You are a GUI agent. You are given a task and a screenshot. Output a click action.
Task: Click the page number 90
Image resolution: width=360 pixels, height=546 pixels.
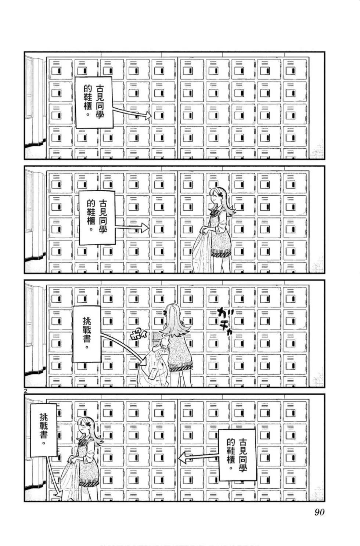319,512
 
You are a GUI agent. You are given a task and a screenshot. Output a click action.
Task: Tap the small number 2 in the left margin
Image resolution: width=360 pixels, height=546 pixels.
25,391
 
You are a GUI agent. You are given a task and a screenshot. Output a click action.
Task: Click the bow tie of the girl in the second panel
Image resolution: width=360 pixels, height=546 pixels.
213,213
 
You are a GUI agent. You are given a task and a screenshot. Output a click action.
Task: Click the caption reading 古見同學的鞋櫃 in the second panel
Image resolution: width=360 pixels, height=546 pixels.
97,217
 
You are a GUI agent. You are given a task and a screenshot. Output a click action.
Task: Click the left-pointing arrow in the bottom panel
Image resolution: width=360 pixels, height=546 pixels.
198,457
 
